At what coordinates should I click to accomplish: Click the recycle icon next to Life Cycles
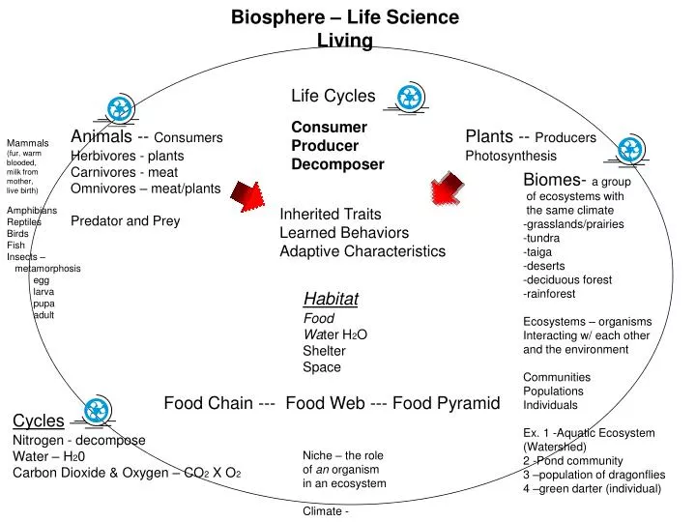[x=411, y=96]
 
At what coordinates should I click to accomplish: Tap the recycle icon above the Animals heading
[x=121, y=110]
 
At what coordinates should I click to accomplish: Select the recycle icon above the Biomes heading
[x=630, y=149]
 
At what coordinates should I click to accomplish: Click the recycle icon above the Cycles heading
[x=97, y=411]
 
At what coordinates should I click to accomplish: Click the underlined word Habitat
[x=331, y=299]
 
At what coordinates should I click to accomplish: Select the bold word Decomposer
[x=337, y=164]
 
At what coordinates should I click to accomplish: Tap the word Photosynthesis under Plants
[x=510, y=156]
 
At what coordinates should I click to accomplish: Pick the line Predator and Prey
[x=126, y=220]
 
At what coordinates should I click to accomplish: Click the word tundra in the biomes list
[x=543, y=238]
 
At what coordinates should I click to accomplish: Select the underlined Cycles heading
[x=39, y=420]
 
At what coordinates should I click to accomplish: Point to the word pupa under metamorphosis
[x=44, y=304]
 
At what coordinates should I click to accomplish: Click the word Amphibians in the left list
[x=32, y=210]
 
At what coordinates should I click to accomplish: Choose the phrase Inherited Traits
[x=331, y=215]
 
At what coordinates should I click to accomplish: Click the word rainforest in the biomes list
[x=550, y=294]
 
